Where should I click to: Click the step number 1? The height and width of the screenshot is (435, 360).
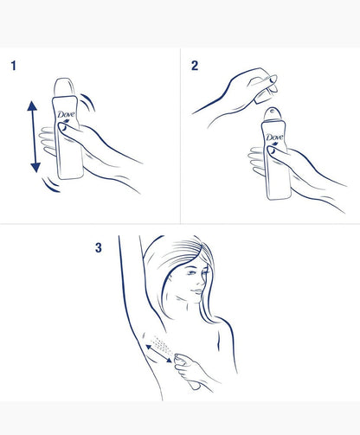click(14, 64)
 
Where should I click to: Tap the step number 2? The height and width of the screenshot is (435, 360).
click(194, 64)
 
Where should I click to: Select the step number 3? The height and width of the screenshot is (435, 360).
click(98, 247)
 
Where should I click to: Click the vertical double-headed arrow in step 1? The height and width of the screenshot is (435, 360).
click(33, 137)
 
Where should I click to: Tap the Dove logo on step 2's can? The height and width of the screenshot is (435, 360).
click(274, 138)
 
